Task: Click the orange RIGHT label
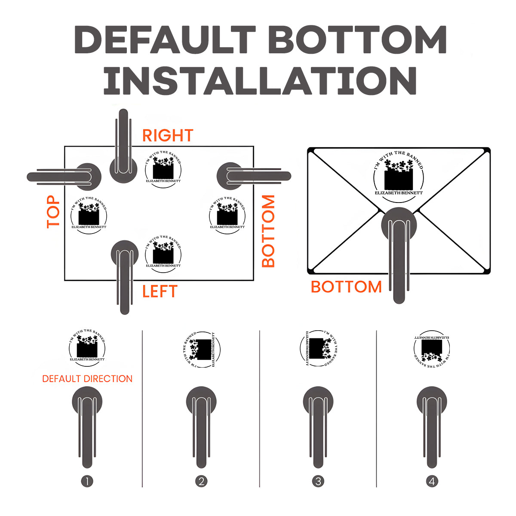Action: pyautogui.click(x=168, y=135)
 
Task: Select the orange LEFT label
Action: pyautogui.click(x=160, y=292)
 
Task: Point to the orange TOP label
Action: pyautogui.click(x=53, y=212)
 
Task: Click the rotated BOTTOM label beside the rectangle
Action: pyautogui.click(x=268, y=231)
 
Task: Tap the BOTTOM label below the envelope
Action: pyautogui.click(x=346, y=287)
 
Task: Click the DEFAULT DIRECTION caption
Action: pyautogui.click(x=87, y=379)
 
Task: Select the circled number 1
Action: pyautogui.click(x=87, y=481)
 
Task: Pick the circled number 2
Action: pyautogui.click(x=201, y=481)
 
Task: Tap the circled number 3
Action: pyautogui.click(x=318, y=481)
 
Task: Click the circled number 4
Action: pyautogui.click(x=432, y=481)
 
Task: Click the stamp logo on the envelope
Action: pyautogui.click(x=399, y=175)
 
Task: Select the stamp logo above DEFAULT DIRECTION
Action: pyautogui.click(x=87, y=347)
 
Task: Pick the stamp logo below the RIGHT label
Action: pyautogui.click(x=163, y=170)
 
